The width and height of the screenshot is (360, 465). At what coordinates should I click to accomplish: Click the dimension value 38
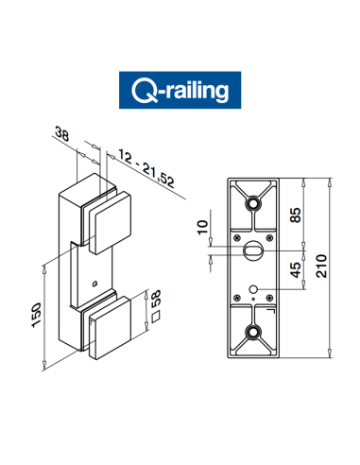(x=63, y=135)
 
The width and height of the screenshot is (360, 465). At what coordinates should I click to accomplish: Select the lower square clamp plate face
(x=111, y=329)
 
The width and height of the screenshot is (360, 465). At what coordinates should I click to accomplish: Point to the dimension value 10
(x=200, y=227)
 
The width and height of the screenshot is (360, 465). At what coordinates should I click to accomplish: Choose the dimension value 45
(x=297, y=271)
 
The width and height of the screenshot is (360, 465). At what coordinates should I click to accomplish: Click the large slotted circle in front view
(x=253, y=252)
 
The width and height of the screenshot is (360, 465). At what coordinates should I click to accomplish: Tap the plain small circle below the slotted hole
(x=253, y=289)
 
